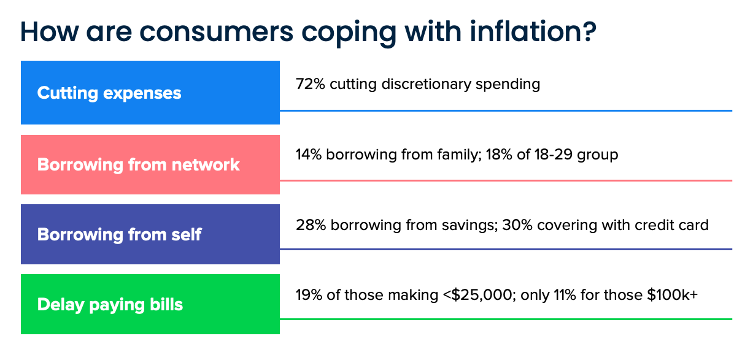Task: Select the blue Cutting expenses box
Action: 150,93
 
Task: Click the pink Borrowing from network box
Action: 150,164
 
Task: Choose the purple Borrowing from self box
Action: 150,234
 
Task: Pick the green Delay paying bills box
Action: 150,304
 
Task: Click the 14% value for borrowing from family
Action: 309,155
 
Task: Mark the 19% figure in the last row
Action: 309,295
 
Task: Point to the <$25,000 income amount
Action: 479,295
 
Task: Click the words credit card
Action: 675,225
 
